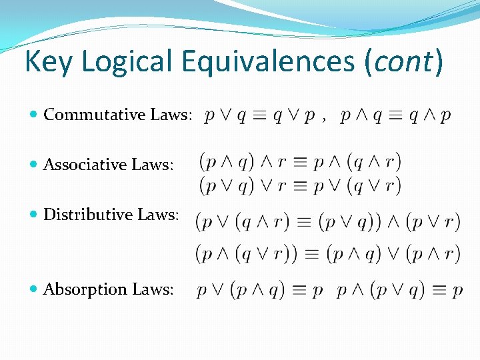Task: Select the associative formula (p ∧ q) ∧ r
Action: (x=300, y=161)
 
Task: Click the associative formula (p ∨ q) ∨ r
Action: (x=300, y=185)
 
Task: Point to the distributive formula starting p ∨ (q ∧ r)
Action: (x=327, y=221)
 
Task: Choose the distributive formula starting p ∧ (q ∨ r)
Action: (x=327, y=253)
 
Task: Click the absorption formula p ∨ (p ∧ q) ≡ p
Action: (x=260, y=290)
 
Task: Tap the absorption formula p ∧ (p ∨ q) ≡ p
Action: (x=399, y=290)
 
